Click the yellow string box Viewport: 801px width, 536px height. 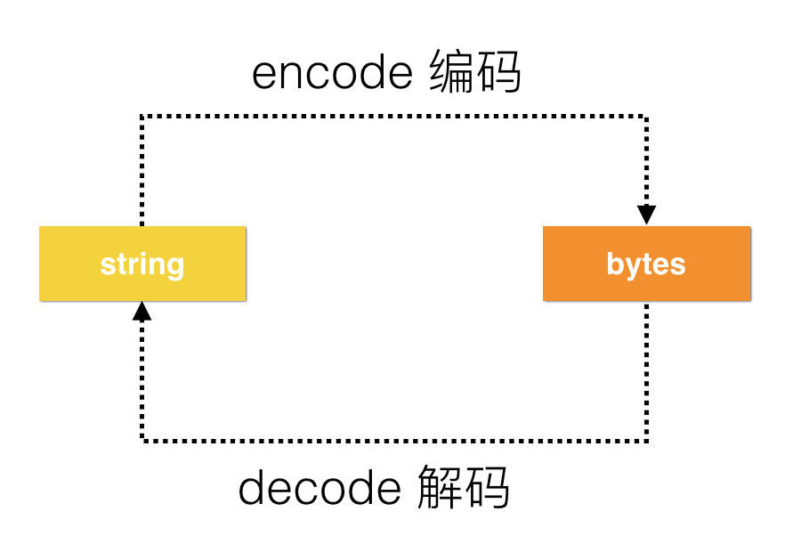(x=142, y=264)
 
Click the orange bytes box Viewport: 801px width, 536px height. (x=646, y=264)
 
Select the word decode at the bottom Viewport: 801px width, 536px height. (x=320, y=488)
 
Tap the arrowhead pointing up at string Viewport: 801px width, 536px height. (x=142, y=311)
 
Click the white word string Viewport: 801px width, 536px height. (x=142, y=264)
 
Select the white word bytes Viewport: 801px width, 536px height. (x=646, y=264)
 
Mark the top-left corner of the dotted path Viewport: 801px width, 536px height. (x=142, y=116)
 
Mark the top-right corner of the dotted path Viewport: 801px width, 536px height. (x=647, y=116)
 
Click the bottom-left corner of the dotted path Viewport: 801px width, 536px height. (x=142, y=440)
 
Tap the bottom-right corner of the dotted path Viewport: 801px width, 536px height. (x=647, y=440)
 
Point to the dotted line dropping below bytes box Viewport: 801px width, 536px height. (x=647, y=370)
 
